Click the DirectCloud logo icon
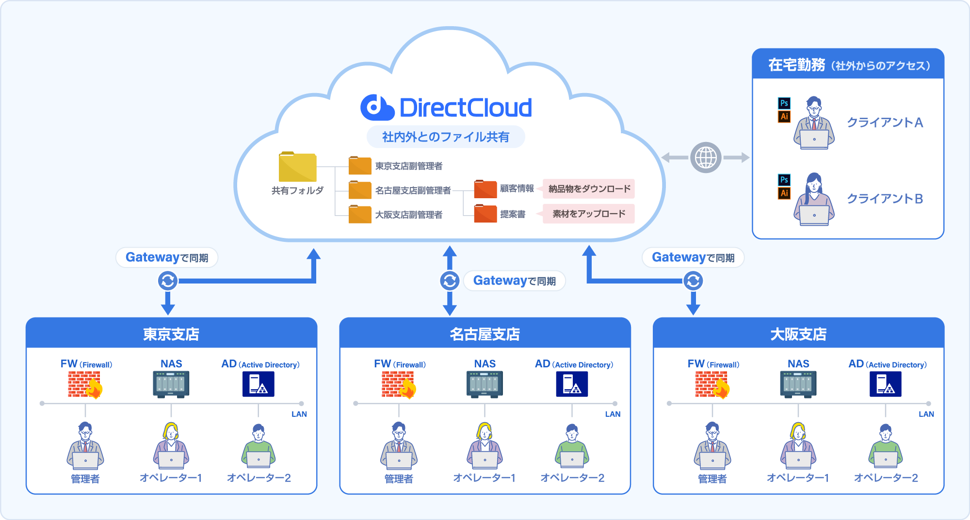[x=377, y=107]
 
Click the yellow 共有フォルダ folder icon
[x=297, y=167]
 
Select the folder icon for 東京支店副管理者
[x=360, y=165]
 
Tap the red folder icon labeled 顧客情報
[x=485, y=189]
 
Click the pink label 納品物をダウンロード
[x=589, y=189]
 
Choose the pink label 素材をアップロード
[x=589, y=214]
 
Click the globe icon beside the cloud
[x=706, y=158]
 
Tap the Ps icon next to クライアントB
[x=784, y=180]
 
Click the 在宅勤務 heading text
[x=796, y=65]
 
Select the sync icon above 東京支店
[x=168, y=281]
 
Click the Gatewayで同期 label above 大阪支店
[x=693, y=257]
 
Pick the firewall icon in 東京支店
[x=85, y=385]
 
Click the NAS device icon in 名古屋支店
[x=485, y=384]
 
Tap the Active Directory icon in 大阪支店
[x=886, y=384]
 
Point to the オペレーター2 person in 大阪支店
[x=886, y=446]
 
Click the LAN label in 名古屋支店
[x=613, y=414]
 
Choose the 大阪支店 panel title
[x=798, y=334]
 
